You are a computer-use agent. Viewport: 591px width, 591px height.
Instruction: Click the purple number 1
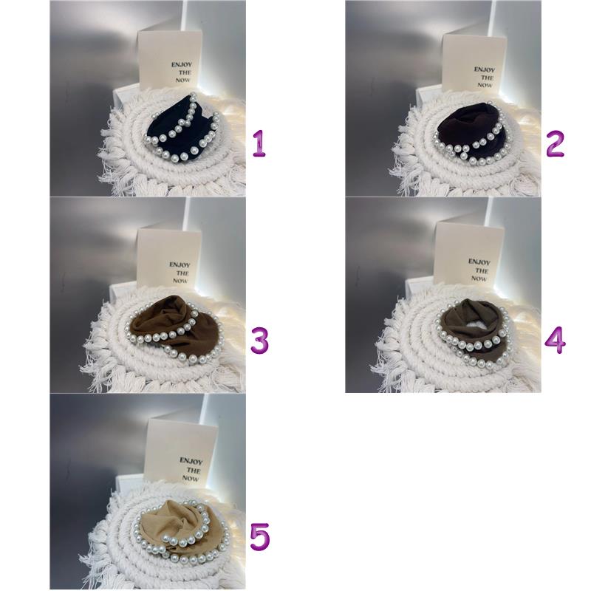click(x=259, y=143)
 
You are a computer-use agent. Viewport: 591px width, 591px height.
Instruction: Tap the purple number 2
click(x=555, y=143)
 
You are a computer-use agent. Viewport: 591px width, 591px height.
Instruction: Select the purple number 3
click(x=260, y=341)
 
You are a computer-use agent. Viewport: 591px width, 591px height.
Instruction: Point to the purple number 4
click(x=556, y=340)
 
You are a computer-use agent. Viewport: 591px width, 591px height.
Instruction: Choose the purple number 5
click(x=260, y=537)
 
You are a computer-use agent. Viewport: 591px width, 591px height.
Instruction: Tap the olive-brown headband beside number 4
click(x=475, y=332)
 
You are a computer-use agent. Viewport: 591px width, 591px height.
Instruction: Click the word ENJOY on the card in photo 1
click(x=181, y=65)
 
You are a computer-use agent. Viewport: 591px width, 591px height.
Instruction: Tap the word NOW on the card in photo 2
click(x=485, y=85)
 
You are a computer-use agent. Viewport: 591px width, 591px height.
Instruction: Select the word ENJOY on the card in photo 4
click(x=479, y=262)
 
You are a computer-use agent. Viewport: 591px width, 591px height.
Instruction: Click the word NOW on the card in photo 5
click(x=191, y=478)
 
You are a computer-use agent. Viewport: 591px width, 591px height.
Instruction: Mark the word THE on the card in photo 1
click(x=185, y=72)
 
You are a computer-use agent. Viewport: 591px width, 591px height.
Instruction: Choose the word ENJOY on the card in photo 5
click(x=191, y=461)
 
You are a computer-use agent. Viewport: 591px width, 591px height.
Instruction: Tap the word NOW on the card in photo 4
click(x=479, y=279)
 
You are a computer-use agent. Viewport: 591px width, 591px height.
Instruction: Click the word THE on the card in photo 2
click(x=487, y=78)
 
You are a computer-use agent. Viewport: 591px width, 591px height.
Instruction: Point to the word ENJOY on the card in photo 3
click(x=180, y=265)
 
